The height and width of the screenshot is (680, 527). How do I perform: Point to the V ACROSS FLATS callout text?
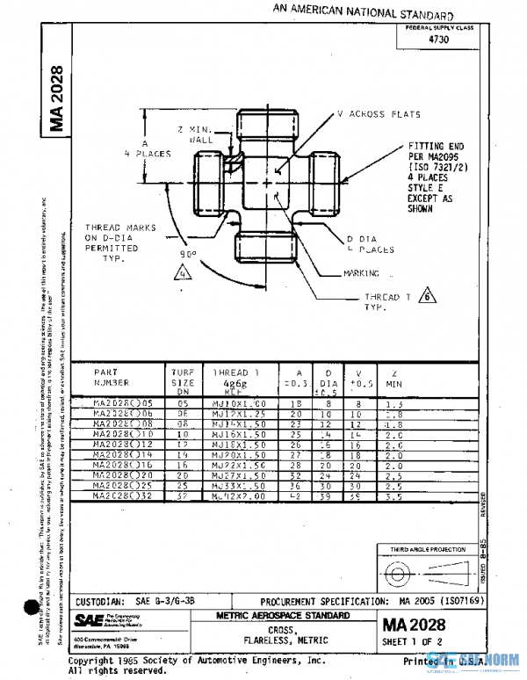click(x=379, y=114)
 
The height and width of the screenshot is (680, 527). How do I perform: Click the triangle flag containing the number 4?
click(x=183, y=272)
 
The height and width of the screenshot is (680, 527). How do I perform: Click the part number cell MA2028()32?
click(x=117, y=496)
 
